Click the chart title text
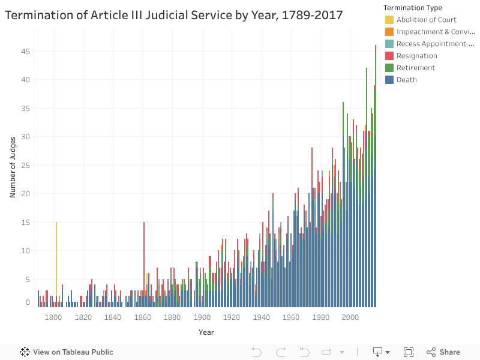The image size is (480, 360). coord(174,15)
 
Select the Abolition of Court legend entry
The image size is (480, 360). coord(426,20)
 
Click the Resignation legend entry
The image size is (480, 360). coord(416,56)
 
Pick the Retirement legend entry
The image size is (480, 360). coord(415,68)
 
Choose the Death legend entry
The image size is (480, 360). coord(406,80)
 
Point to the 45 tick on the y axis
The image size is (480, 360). coord(25,52)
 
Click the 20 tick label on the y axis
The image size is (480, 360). coord(25,194)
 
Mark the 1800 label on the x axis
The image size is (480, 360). coord(53,317)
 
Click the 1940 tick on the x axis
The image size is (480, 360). coord(261,317)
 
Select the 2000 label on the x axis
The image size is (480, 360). coord(350,317)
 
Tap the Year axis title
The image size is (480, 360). coord(206,332)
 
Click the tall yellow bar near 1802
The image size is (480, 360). coord(56,264)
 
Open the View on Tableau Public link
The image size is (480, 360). coord(67,352)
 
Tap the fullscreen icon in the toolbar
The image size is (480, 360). coord(409,352)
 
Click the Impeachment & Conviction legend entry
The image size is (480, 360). coord(435,32)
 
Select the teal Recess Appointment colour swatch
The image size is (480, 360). coord(389,44)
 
